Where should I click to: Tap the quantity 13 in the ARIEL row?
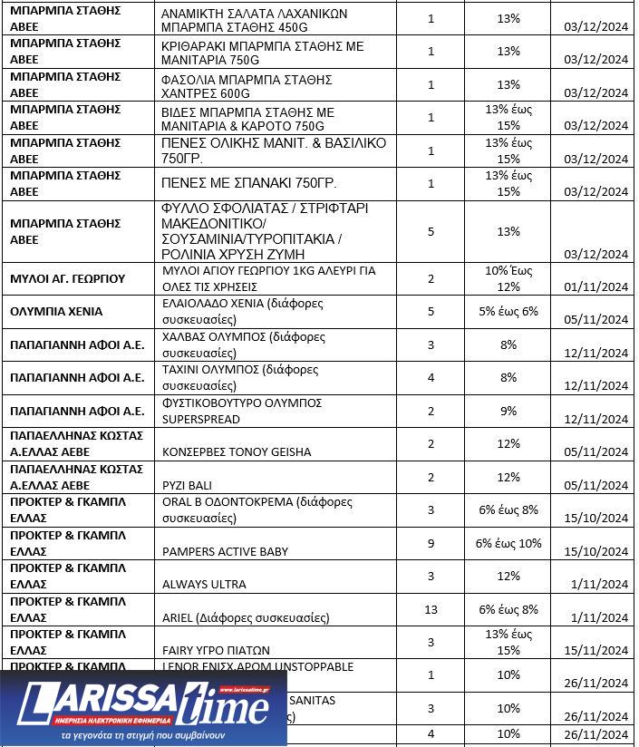[x=431, y=609]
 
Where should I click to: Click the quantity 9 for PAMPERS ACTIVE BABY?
[x=431, y=543]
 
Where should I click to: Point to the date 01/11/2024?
[x=595, y=286]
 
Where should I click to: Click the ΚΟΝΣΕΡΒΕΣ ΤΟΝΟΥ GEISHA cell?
[x=236, y=451]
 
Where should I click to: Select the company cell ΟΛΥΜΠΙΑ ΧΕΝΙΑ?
[x=56, y=311]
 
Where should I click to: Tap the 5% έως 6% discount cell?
[x=508, y=311]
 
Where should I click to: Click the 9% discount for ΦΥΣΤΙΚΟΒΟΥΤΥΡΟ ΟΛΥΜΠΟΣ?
[x=508, y=411]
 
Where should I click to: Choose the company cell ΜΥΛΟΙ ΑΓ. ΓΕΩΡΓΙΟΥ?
[x=67, y=278]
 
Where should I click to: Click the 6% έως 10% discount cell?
[x=508, y=543]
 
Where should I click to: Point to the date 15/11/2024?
[x=595, y=650]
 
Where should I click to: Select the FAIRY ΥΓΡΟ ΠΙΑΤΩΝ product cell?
[x=216, y=650]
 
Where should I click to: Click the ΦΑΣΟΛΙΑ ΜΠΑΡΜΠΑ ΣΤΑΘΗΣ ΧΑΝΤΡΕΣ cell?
[x=247, y=85]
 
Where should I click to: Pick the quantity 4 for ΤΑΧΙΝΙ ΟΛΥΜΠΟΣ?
[x=431, y=377]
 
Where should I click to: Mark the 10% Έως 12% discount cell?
[x=508, y=278]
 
